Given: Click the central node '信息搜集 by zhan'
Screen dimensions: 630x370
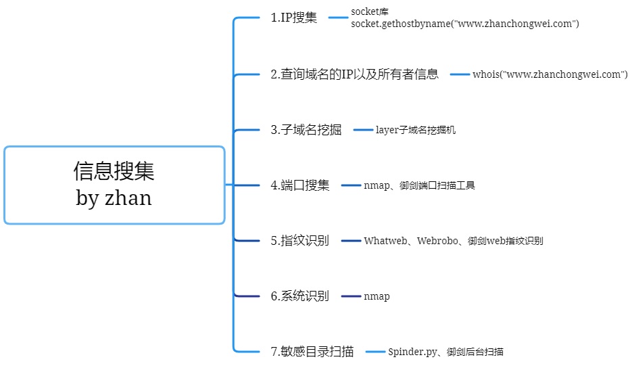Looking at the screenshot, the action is [x=114, y=184].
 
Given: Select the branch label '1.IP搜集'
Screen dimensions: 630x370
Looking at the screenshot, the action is [x=293, y=18].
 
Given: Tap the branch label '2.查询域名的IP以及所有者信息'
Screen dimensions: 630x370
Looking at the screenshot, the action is [x=354, y=74].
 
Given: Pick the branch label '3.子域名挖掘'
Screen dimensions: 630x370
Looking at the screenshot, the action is [x=306, y=130].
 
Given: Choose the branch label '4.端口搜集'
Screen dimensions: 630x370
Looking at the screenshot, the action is [x=299, y=185].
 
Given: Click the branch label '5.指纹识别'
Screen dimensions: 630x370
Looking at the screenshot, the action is [x=299, y=241].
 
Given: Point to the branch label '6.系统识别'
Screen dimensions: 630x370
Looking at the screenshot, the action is [x=299, y=296].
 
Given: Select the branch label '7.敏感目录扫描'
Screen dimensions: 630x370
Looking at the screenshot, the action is [x=312, y=352].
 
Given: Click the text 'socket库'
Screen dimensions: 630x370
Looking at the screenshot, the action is [x=369, y=12].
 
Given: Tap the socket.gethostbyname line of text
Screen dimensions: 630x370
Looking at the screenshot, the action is [x=465, y=24].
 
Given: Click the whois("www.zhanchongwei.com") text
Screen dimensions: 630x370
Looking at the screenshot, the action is [x=550, y=74].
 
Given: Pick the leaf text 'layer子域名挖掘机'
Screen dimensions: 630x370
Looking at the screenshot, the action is [x=416, y=130].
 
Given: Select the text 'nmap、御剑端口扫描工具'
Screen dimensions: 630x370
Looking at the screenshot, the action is [x=419, y=185].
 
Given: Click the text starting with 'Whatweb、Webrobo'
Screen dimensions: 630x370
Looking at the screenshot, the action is [x=453, y=241].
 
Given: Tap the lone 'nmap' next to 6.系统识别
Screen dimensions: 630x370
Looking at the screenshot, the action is [x=377, y=296].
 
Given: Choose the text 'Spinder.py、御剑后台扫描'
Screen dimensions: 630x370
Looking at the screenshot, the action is [x=445, y=352].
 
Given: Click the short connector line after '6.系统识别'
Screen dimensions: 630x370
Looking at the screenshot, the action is [x=351, y=296].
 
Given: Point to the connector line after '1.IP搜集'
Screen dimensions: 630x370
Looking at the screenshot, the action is [x=337, y=18].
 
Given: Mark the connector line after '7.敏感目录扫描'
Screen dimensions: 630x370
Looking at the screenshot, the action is [x=374, y=352].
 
